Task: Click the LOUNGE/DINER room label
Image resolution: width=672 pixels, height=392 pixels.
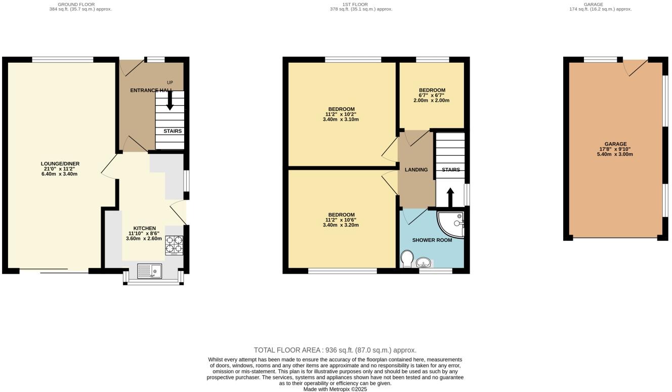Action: (60, 164)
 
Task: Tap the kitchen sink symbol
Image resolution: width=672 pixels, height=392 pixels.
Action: (149, 272)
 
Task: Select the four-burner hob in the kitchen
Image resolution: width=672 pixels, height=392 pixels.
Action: (174, 245)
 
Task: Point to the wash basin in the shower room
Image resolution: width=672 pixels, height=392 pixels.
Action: (424, 262)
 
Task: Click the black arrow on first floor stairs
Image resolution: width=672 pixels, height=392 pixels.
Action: (450, 197)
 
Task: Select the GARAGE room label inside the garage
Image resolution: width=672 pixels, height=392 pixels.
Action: (615, 144)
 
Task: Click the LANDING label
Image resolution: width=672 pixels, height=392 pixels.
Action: (416, 170)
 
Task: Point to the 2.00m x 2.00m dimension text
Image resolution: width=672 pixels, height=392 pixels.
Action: (432, 100)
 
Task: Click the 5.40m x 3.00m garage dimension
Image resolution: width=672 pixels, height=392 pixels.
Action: (615, 154)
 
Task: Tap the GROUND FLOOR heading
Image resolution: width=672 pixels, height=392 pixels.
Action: (76, 4)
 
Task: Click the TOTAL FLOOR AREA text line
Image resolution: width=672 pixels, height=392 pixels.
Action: (335, 350)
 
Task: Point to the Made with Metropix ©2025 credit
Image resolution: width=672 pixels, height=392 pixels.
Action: (335, 389)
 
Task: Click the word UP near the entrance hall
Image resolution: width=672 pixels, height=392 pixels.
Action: (170, 82)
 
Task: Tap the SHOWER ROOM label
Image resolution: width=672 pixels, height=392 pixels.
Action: (432, 240)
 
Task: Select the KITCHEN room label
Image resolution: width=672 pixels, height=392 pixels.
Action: (144, 228)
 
